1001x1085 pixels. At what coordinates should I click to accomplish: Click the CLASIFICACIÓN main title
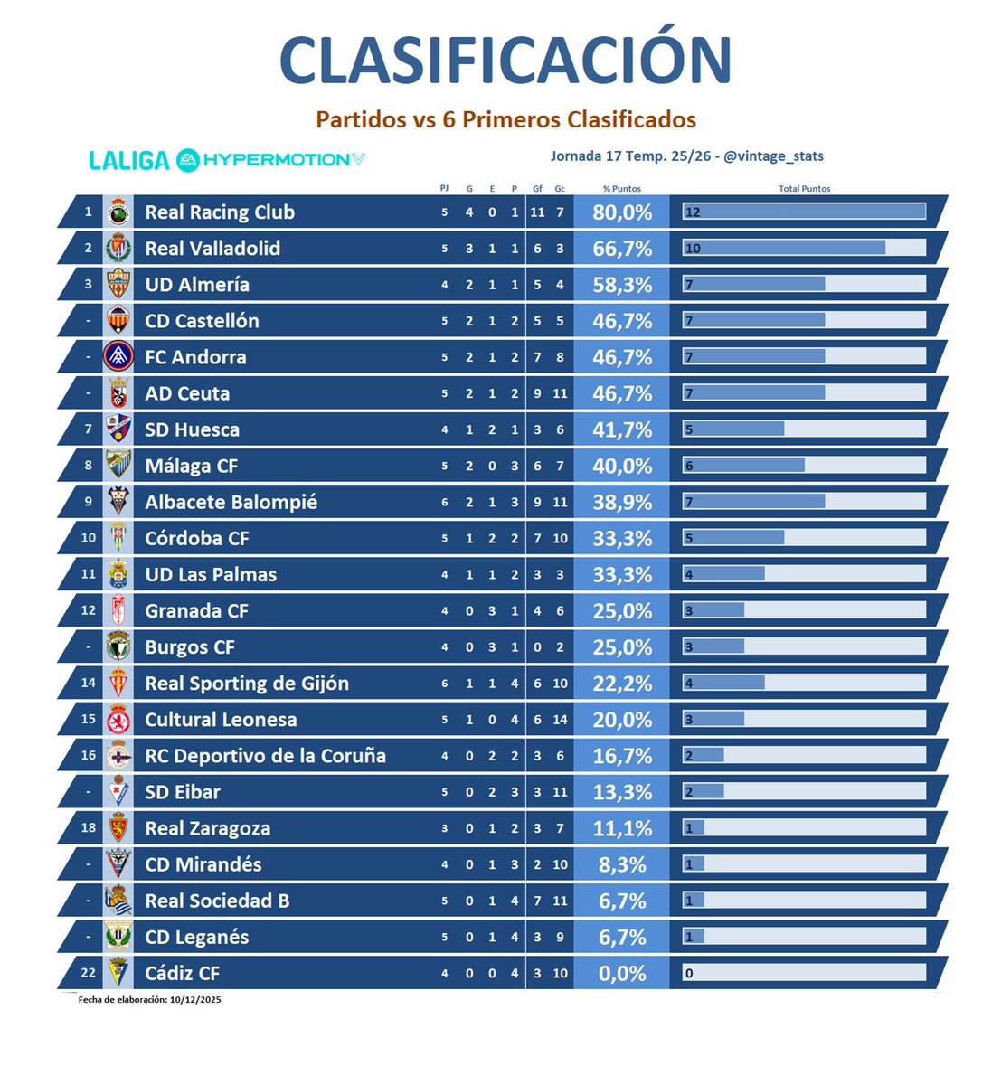(505, 61)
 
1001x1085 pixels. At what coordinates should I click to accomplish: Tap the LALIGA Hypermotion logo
(227, 160)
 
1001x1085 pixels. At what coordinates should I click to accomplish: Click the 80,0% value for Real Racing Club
(622, 212)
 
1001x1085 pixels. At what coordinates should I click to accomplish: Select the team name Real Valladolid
(212, 249)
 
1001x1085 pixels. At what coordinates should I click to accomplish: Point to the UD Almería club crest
(118, 285)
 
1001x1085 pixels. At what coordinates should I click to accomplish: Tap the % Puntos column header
(621, 189)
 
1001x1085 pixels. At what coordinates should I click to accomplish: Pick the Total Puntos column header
(804, 189)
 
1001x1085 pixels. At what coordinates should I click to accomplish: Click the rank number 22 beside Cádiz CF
(88, 973)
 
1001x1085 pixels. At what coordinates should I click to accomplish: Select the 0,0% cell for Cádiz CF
(622, 974)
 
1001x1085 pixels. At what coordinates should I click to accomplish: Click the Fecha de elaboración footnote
(149, 1000)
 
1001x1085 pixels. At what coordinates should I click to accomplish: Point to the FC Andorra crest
(118, 357)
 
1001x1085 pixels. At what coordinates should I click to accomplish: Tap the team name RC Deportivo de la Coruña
(265, 756)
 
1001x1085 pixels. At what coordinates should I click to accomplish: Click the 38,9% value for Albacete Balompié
(622, 503)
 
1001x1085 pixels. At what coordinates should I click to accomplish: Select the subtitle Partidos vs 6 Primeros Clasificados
(505, 119)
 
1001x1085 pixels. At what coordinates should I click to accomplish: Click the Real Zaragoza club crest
(118, 828)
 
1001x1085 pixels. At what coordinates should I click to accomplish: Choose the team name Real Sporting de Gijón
(247, 684)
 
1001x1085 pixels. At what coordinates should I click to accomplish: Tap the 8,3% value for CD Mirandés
(622, 865)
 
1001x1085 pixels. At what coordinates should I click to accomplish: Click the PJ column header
(444, 189)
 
